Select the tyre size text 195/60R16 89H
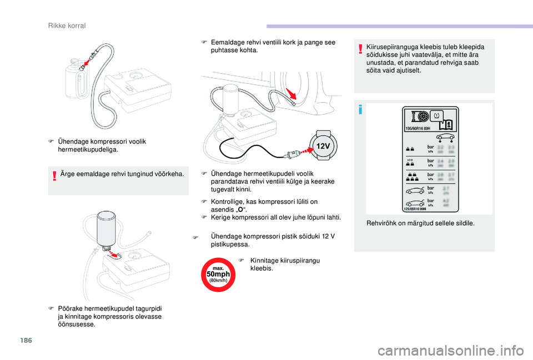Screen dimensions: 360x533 (417, 128)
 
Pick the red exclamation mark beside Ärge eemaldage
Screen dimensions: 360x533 (54, 175)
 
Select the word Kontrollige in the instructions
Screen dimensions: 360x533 (227, 201)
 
